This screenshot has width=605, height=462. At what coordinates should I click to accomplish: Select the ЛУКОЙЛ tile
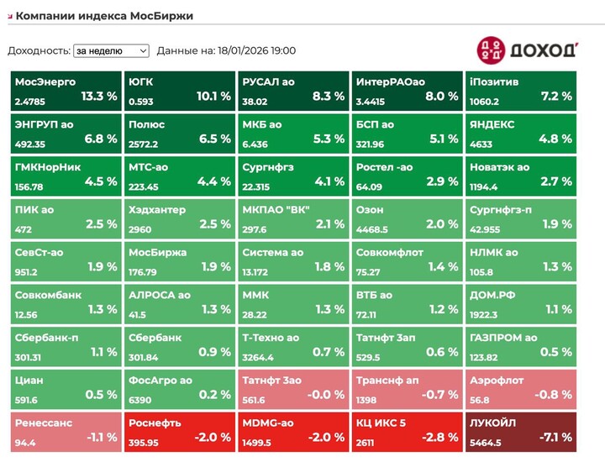pyautogui.click(x=522, y=429)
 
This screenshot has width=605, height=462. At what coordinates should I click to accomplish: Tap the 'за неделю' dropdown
pyautogui.click(x=111, y=50)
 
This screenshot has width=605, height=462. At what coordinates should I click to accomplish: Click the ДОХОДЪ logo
pyautogui.click(x=527, y=50)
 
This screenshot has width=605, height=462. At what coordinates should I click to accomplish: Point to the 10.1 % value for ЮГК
pyautogui.click(x=213, y=96)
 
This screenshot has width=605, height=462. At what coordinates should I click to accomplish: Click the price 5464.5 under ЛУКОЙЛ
pyautogui.click(x=485, y=443)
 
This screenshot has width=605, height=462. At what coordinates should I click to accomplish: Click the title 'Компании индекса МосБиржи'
pyautogui.click(x=104, y=15)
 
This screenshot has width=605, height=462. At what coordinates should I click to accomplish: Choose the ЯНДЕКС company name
pyautogui.click(x=492, y=124)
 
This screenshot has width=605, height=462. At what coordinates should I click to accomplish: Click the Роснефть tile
pyautogui.click(x=180, y=429)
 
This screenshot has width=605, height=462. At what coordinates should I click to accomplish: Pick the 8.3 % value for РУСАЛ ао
pyautogui.click(x=328, y=96)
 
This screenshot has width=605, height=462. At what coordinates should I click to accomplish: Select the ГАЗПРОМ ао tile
pyautogui.click(x=522, y=344)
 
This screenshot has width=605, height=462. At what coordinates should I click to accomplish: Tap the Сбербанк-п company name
pyautogui.click(x=47, y=338)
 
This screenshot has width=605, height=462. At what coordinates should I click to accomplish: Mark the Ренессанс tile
pyautogui.click(x=66, y=429)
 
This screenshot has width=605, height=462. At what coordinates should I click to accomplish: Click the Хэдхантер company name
pyautogui.click(x=157, y=210)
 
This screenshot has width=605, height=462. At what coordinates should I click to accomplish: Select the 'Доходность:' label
pyautogui.click(x=39, y=50)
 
